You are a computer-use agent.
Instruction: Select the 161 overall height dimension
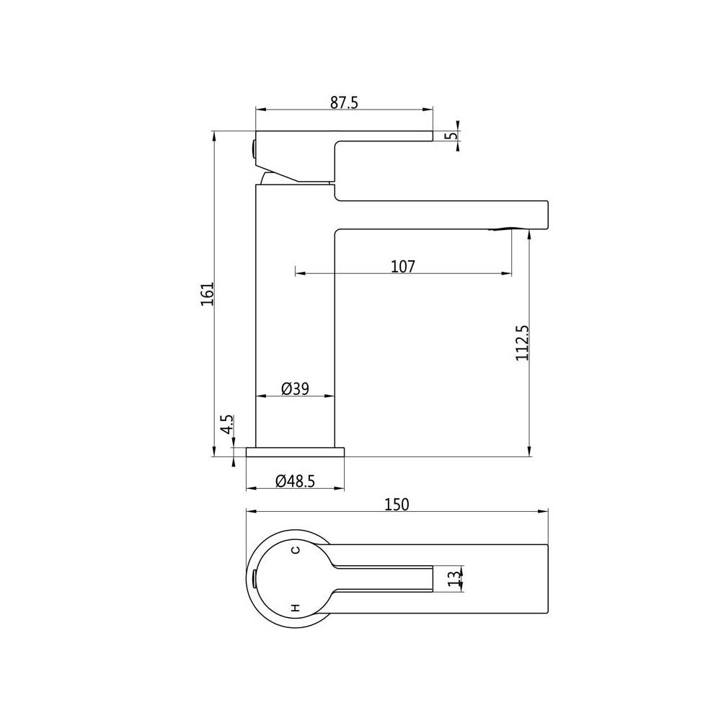point(208,293)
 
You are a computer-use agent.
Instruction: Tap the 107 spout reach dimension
point(403,267)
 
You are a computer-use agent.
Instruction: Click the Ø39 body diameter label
point(295,389)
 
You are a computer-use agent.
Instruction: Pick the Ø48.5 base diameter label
point(295,481)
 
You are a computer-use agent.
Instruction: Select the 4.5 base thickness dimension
point(227,424)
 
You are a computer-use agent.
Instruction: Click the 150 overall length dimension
point(397,505)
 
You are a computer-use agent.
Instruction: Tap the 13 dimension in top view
point(454,578)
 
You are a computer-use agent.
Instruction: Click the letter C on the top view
point(294,550)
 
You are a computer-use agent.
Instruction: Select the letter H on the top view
point(294,608)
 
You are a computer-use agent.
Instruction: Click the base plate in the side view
point(296,452)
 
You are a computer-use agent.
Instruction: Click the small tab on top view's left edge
point(255,578)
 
